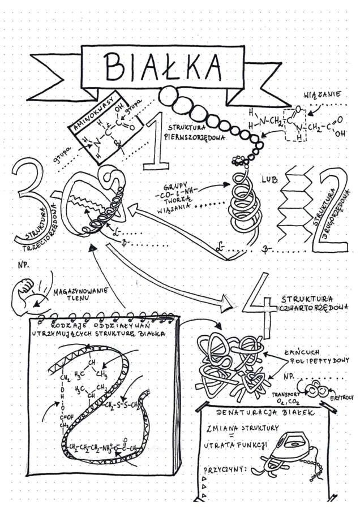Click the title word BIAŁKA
tap(162, 67)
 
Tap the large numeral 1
tap(153, 141)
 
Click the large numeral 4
tap(260, 303)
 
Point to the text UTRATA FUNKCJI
tap(235, 445)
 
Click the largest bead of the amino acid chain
tap(168, 97)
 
